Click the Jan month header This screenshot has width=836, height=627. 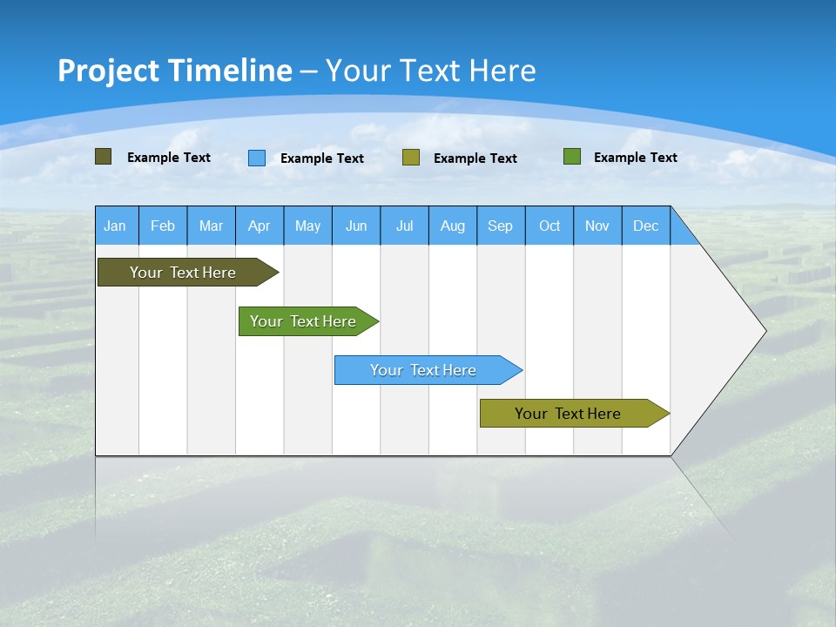116,226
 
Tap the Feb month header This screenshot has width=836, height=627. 163,226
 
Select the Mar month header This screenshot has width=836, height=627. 211,226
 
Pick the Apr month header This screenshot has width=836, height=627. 260,226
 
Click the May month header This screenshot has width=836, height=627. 307,226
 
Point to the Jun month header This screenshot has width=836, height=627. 356,226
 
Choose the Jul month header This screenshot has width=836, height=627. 404,226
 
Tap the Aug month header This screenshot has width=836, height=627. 453,226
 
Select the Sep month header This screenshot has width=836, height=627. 501,226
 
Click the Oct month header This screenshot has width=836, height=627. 549,226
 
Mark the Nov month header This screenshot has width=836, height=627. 597,226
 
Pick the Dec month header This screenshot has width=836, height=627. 646,226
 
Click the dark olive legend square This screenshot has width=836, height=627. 104,157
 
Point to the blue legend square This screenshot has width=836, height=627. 257,158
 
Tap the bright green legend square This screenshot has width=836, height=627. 572,157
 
